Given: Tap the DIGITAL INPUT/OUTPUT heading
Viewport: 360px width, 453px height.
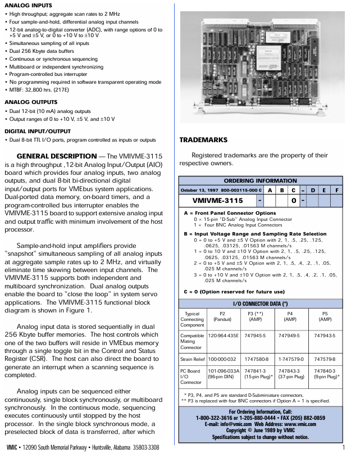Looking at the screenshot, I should pos(34,131).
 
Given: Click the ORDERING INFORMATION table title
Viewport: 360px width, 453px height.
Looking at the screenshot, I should pos(261,181).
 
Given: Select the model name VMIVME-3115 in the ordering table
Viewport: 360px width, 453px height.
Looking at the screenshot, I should pos(217,200).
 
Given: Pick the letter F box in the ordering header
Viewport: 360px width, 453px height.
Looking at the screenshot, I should pos(336,190).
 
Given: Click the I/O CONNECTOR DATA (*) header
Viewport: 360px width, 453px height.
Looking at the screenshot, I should pos(261,303).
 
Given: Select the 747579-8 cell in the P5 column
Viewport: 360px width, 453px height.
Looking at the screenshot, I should pos(325,358).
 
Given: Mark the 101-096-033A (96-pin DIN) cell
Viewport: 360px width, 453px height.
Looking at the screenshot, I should pos(223,374).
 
